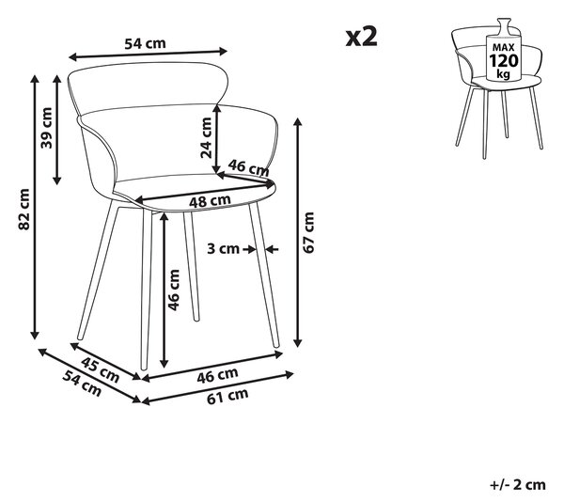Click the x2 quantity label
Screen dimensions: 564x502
pyautogui.click(x=362, y=37)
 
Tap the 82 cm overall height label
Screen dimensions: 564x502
pyautogui.click(x=24, y=209)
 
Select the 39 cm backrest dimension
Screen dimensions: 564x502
pyautogui.click(x=46, y=128)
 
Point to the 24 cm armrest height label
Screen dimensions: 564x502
pyautogui.click(x=207, y=138)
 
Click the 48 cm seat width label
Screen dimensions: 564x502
pyautogui.click(x=210, y=200)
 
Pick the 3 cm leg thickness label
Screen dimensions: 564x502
pyautogui.click(x=223, y=248)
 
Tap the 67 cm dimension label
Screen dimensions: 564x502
pyautogui.click(x=308, y=232)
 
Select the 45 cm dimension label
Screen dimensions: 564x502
pyautogui.click(x=100, y=369)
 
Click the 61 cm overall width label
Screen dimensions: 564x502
pyautogui.click(x=227, y=396)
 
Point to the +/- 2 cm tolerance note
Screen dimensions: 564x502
pyautogui.click(x=518, y=485)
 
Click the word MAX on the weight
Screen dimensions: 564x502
pyautogui.click(x=504, y=47)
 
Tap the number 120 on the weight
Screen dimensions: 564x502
pyautogui.click(x=504, y=61)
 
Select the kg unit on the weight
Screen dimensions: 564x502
pyautogui.click(x=503, y=74)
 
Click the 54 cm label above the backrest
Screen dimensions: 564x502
pyautogui.click(x=145, y=43)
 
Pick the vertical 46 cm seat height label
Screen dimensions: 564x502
pyautogui.click(x=173, y=290)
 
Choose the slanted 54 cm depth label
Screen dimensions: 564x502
pyautogui.click(x=82, y=384)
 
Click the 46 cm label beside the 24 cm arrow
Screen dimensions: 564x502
pyautogui.click(x=248, y=167)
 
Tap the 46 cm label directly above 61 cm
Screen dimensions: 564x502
pyautogui.click(x=217, y=375)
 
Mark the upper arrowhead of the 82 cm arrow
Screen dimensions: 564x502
pyautogui.click(x=35, y=78)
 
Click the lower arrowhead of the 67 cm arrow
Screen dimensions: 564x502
pyautogui.click(x=297, y=343)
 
